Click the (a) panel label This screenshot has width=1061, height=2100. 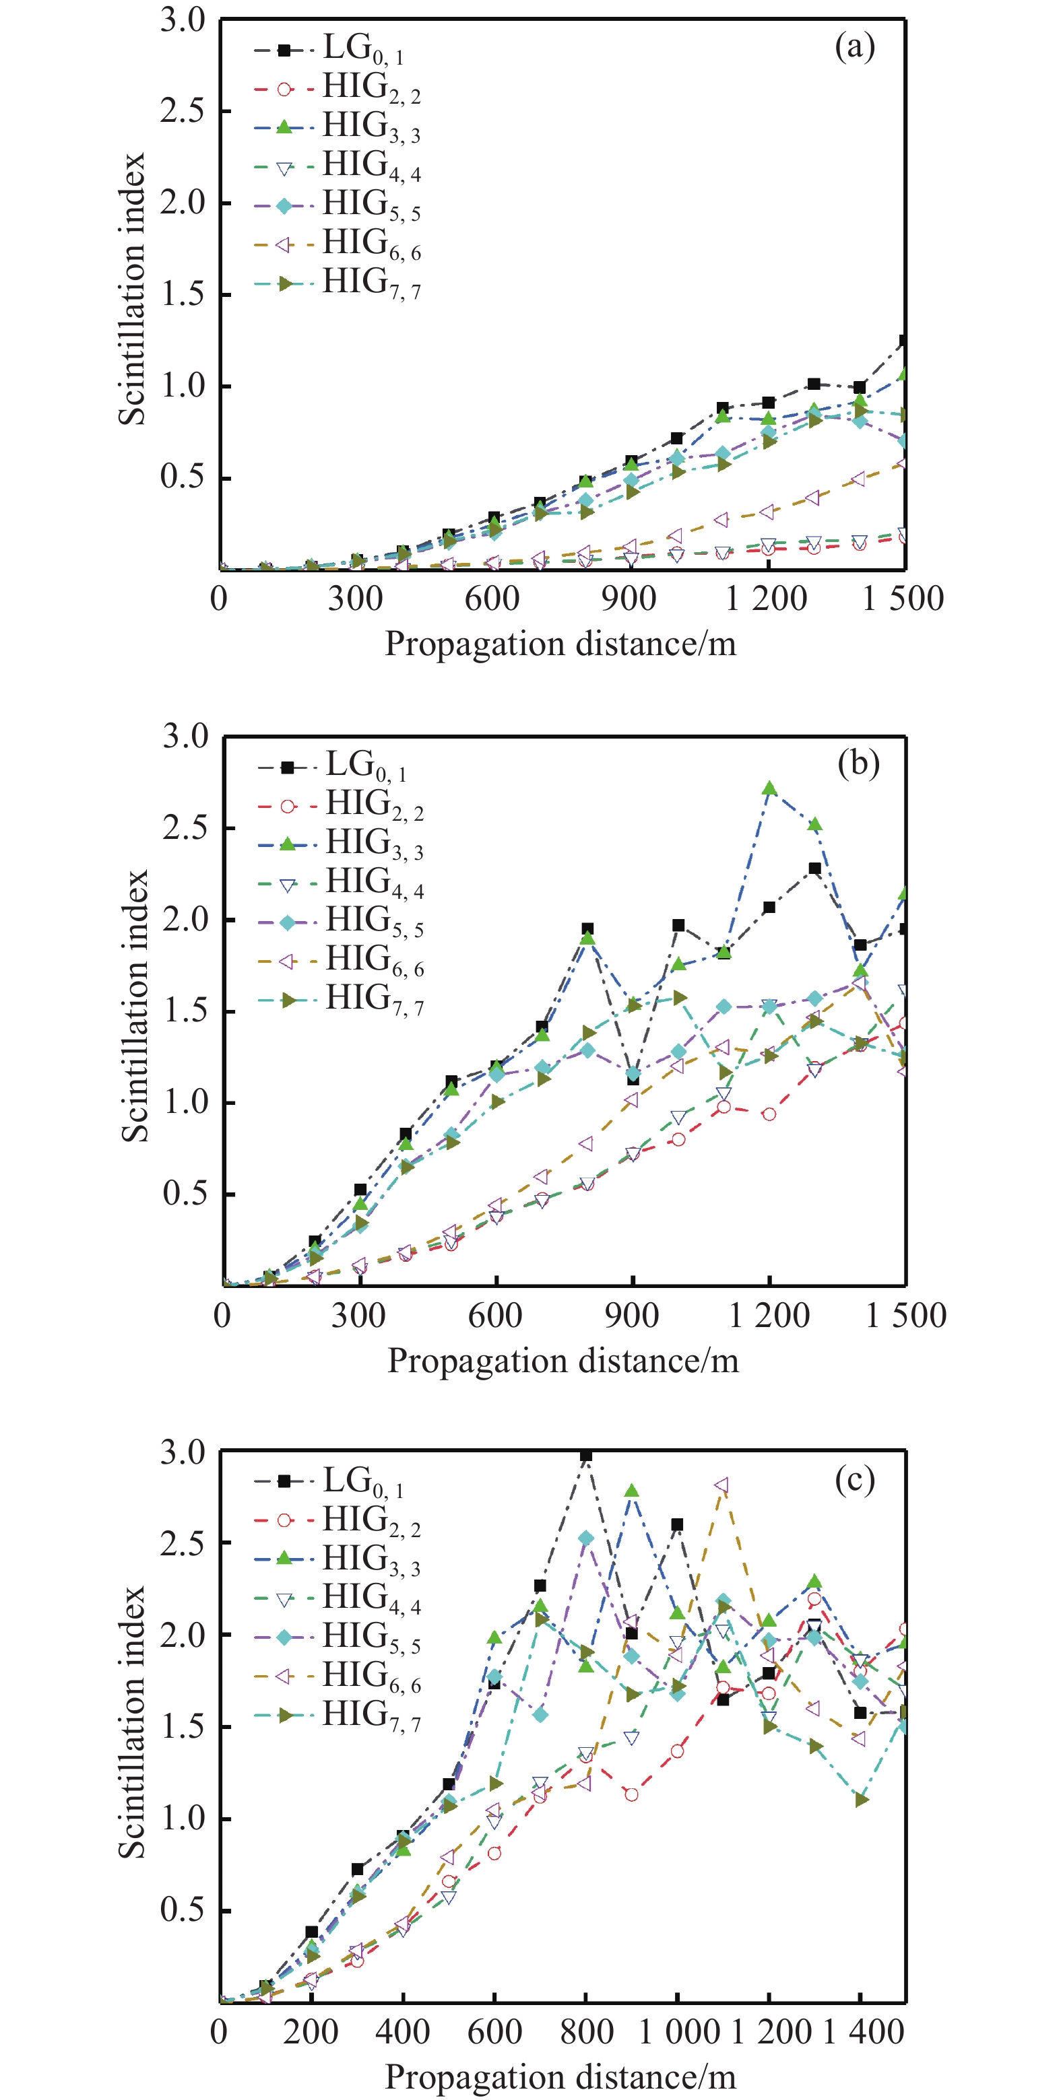854,47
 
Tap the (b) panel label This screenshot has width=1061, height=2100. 858,763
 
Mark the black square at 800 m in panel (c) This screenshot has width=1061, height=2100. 585,1455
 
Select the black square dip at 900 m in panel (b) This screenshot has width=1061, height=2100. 633,1079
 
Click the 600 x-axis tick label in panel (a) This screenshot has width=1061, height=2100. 492,599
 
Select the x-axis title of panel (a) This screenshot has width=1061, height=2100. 560,644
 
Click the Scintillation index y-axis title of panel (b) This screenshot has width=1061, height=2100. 135,1007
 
